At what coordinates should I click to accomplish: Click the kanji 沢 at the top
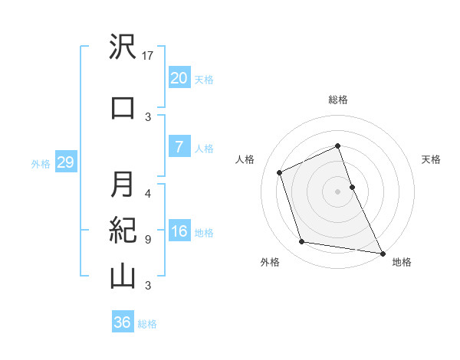pos(123,47)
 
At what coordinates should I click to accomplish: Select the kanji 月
pos(123,184)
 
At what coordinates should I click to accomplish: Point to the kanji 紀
pos(123,231)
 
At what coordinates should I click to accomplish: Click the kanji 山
pos(123,276)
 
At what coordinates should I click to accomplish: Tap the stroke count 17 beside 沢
pos(149,56)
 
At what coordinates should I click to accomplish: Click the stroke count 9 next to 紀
pos(147,239)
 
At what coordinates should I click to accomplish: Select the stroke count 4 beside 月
pos(147,193)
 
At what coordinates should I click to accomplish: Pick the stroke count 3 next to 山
pos(147,285)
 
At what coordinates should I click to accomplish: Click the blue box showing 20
pos(178,78)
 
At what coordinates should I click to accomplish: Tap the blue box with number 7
pos(178,147)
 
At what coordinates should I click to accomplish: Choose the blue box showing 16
pos(178,231)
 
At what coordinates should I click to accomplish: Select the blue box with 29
pos(65,163)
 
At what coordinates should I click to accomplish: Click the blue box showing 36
pos(122,322)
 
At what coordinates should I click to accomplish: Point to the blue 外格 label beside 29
pos(41,164)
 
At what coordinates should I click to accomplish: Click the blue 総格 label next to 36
pos(147,324)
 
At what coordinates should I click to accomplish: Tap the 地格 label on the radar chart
pos(402,262)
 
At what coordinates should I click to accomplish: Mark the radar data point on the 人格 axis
pos(280,172)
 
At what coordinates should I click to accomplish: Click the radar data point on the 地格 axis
pos(382,252)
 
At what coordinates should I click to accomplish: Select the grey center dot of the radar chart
pos(337,191)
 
